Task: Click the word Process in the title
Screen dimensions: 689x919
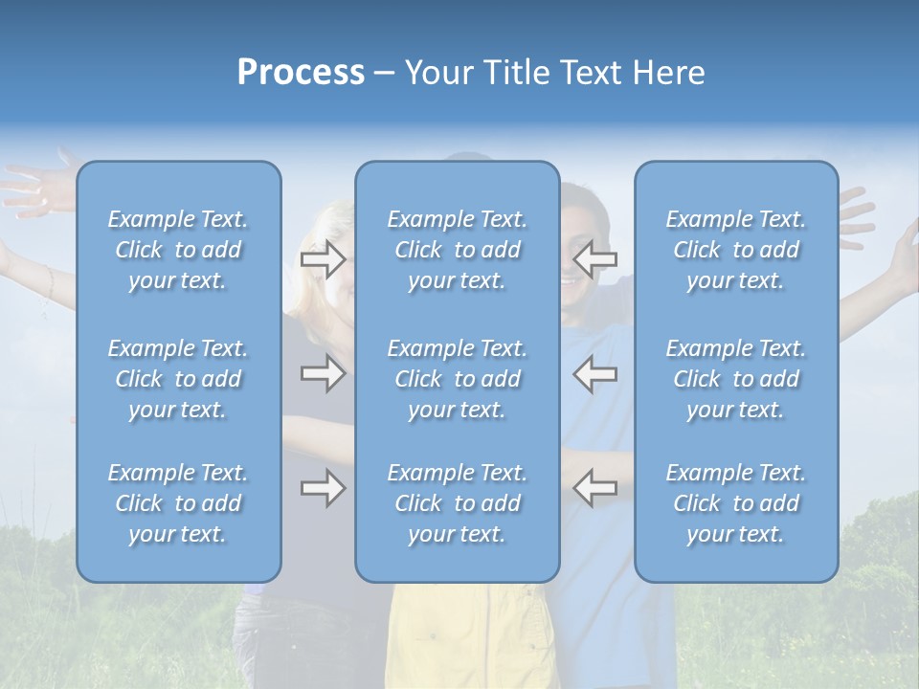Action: point(301,73)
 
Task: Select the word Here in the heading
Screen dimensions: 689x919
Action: point(667,73)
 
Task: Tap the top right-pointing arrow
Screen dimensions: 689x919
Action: point(323,259)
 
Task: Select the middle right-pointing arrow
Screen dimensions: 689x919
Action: point(323,373)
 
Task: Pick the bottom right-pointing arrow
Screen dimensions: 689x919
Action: point(323,489)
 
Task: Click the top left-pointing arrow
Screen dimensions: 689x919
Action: point(595,259)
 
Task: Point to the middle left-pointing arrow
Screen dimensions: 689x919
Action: point(595,373)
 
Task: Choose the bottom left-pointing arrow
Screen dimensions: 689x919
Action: point(595,487)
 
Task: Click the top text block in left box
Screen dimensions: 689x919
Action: point(178,250)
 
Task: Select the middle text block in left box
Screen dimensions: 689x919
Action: point(178,379)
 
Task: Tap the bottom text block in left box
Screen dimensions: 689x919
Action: point(178,503)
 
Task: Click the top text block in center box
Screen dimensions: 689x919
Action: point(458,250)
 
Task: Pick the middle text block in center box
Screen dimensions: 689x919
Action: point(458,379)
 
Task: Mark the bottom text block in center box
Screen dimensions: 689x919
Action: point(458,503)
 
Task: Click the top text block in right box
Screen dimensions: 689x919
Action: point(736,250)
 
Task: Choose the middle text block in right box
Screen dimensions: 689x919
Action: point(736,379)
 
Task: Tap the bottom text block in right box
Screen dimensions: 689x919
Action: point(736,503)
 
